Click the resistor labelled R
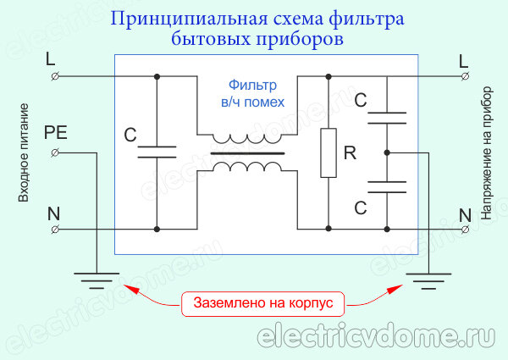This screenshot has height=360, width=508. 329,153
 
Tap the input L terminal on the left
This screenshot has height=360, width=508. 55,76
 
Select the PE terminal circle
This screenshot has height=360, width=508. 55,152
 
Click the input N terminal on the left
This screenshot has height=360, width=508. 55,229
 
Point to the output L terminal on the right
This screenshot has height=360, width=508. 464,76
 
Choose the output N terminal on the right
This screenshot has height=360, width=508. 464,229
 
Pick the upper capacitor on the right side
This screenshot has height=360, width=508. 386,119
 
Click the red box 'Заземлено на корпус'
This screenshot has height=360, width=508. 263,302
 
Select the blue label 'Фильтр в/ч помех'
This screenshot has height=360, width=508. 256,93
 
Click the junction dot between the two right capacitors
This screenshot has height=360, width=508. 386,152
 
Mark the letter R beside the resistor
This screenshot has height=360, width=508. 348,153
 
